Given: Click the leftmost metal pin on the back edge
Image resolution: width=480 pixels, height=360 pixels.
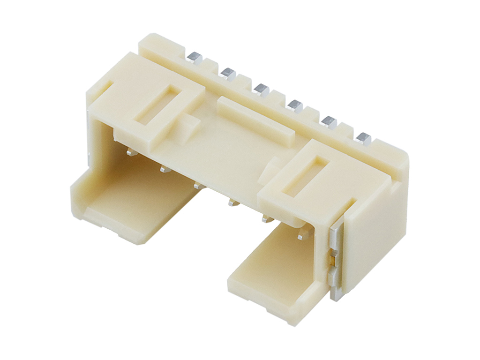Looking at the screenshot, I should [193, 57].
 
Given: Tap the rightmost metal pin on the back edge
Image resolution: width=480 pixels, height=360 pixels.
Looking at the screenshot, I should [363, 138].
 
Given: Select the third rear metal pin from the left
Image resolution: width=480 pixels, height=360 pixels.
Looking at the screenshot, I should [261, 88].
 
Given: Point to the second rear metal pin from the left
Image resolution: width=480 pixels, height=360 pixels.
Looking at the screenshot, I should [228, 73].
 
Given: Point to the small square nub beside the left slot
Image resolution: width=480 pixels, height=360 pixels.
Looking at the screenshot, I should [188, 126].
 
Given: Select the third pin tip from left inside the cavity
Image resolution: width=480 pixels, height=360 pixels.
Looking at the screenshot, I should [199, 185].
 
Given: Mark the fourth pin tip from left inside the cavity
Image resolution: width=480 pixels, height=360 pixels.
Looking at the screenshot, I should [232, 202].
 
